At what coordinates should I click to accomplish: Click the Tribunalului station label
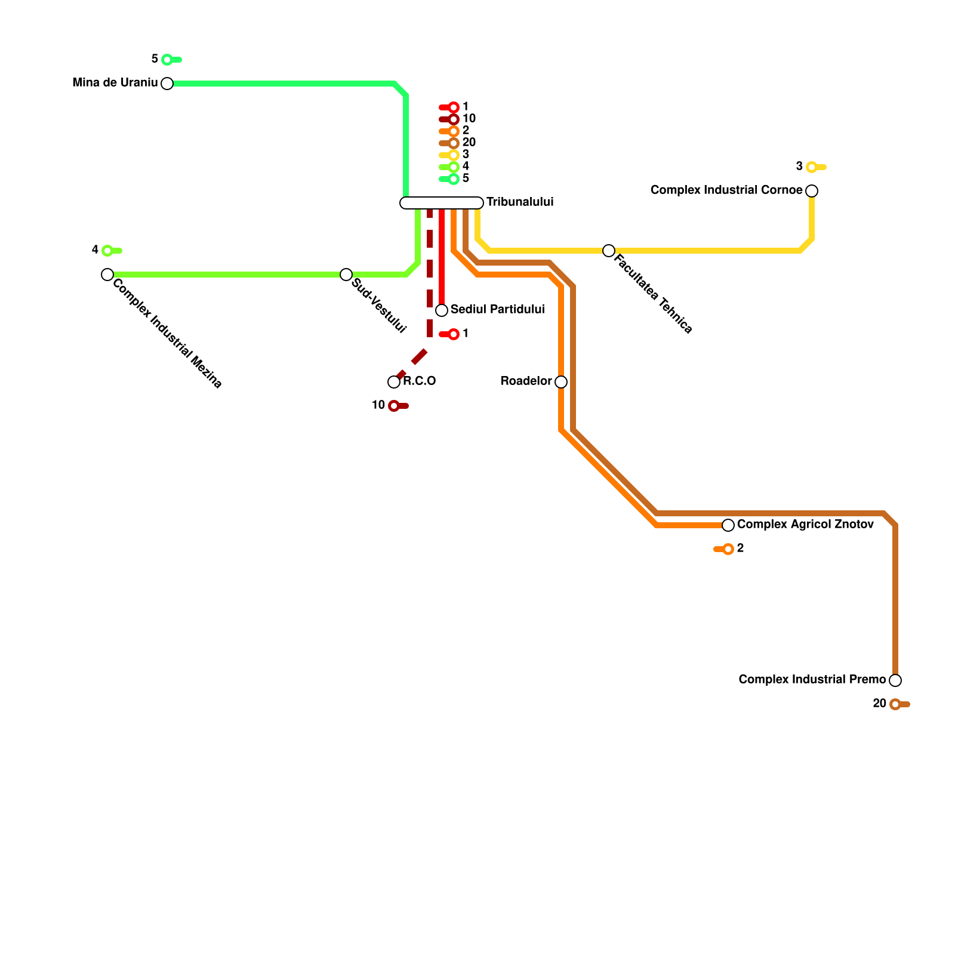coord(520,202)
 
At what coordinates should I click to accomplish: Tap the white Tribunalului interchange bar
coord(441,203)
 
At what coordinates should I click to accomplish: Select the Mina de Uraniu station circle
coord(167,84)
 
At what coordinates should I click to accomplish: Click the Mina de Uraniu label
coord(115,83)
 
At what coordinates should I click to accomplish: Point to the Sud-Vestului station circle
coord(346,275)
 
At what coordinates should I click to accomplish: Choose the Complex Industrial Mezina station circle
coord(107,275)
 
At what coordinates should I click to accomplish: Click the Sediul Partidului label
coord(497,310)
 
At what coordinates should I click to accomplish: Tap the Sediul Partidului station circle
coord(442,310)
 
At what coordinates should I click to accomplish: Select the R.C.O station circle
coord(394,382)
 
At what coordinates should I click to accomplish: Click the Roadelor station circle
coord(561,382)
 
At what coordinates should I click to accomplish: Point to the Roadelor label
coord(526,381)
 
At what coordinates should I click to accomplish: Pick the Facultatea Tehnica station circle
coord(609,251)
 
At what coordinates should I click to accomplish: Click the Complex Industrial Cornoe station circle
coord(812,191)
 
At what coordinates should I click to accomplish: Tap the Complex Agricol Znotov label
coord(805,525)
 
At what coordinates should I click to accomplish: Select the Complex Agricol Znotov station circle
coord(728,525)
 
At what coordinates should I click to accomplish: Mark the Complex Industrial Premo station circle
coord(895,680)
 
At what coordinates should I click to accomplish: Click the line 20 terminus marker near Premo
coord(895,704)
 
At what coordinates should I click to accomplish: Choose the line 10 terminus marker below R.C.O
coord(394,406)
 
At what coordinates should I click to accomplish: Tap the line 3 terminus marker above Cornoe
coord(812,167)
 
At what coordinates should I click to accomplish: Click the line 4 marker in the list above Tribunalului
coord(454,167)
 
